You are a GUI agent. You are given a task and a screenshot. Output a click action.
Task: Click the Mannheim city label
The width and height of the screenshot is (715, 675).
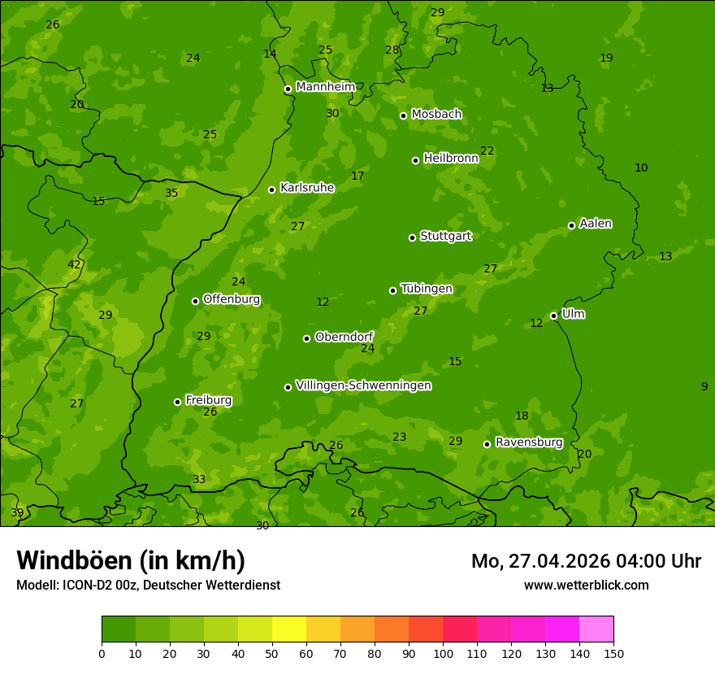tap(325, 87)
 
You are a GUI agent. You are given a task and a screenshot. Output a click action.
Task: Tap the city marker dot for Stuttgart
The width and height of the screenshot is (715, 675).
tap(412, 237)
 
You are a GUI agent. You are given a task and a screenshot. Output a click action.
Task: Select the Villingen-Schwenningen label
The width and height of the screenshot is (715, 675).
tap(363, 385)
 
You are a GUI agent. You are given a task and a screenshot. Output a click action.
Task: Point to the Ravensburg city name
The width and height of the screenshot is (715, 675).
tap(528, 442)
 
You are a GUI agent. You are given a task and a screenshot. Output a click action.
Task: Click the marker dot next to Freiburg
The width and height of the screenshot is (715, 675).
tap(177, 402)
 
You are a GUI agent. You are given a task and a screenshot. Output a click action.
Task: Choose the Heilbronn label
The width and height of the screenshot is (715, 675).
tap(451, 159)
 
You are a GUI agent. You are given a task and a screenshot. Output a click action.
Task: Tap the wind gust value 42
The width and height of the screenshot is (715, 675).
tap(74, 264)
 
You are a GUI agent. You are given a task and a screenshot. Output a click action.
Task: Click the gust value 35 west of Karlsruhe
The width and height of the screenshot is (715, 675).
tap(171, 194)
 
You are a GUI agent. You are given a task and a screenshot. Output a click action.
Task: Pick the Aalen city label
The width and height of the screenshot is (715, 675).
tap(596, 224)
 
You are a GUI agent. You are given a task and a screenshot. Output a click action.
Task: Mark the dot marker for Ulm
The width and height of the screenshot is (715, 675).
tap(553, 316)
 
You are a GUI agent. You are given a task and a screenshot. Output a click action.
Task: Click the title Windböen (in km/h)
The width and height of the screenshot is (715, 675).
tap(131, 560)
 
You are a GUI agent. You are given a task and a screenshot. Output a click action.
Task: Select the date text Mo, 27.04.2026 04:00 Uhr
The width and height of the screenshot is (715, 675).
tap(586, 561)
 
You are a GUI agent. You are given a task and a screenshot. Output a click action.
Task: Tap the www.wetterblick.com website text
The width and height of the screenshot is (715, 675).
tap(586, 586)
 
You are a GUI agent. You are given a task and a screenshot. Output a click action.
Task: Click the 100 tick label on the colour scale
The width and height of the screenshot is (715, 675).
tap(443, 653)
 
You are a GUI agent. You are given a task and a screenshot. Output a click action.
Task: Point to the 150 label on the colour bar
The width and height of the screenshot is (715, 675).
tap(613, 653)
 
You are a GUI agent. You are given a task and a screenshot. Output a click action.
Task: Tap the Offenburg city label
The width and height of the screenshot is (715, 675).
tap(232, 299)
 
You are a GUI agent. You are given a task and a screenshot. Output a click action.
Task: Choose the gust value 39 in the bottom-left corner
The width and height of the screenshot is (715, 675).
tap(17, 513)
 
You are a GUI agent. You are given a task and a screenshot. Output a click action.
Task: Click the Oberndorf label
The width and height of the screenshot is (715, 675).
tap(344, 337)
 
